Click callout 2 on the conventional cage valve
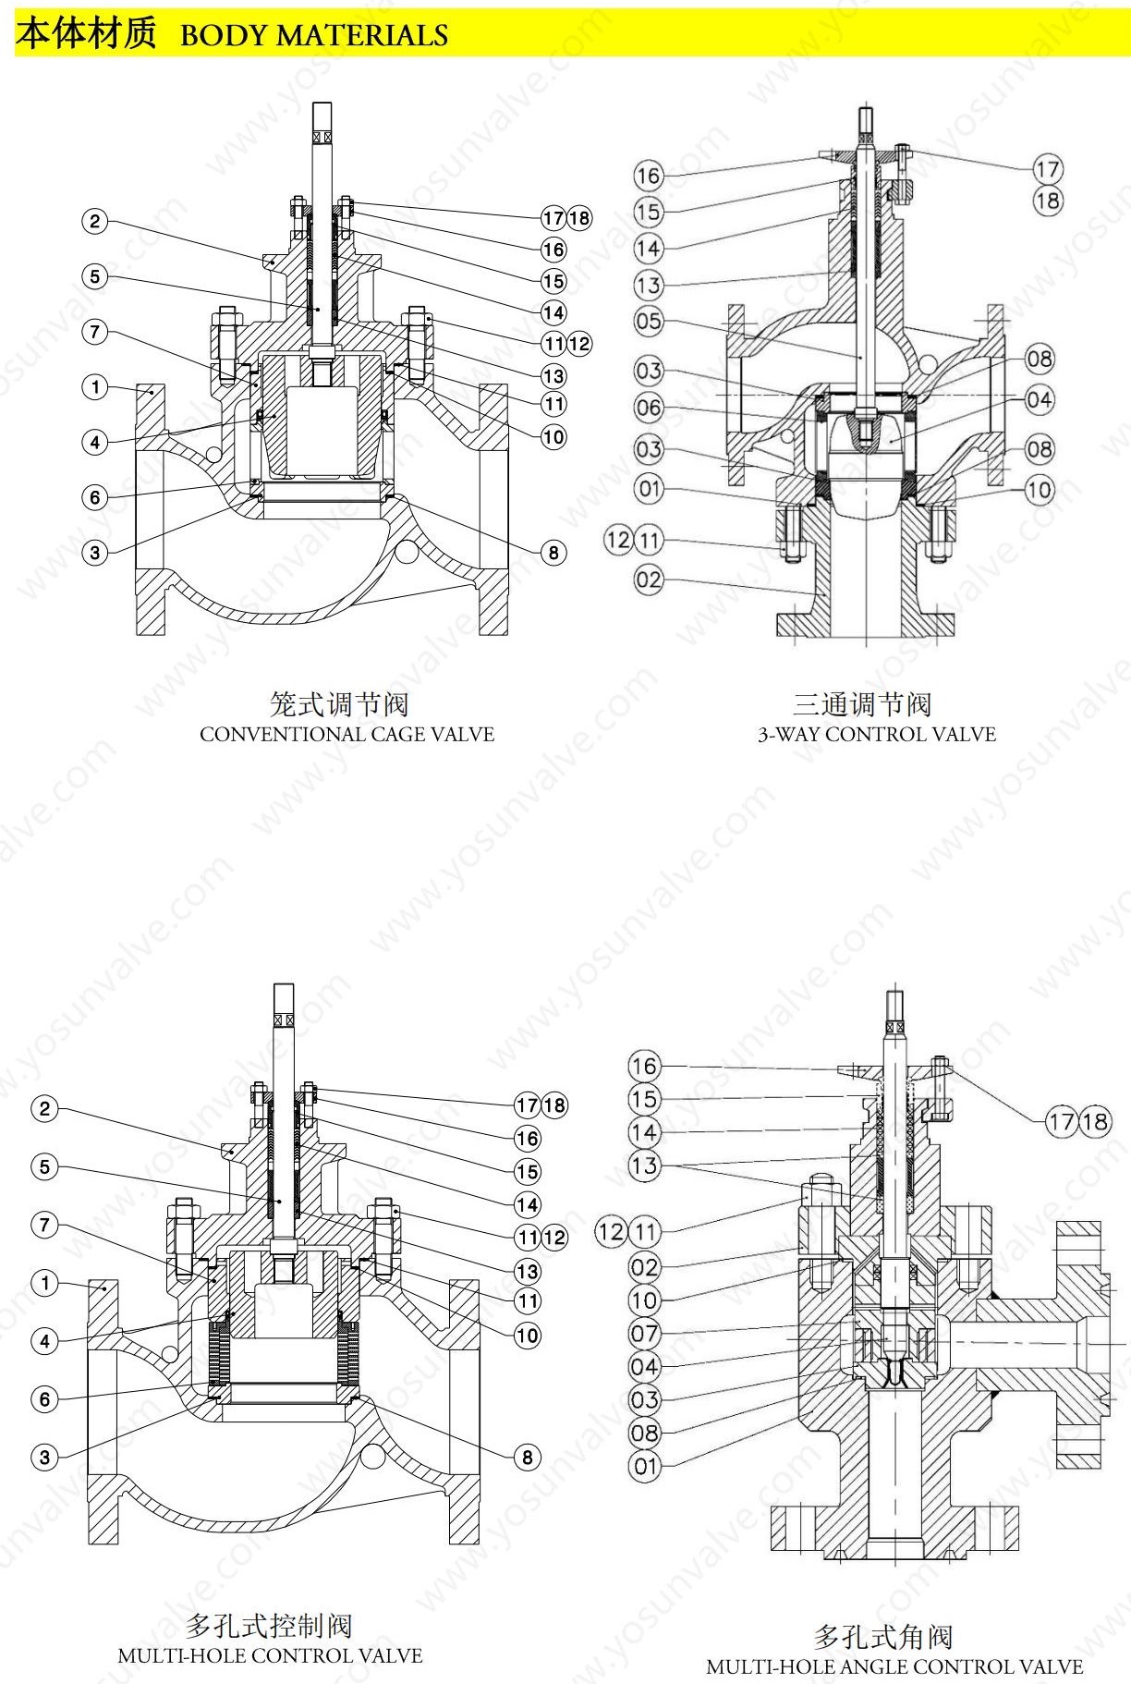click(x=94, y=222)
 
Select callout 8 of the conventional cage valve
click(x=553, y=553)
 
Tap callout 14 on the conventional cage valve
click(x=553, y=312)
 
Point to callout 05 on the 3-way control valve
click(x=649, y=322)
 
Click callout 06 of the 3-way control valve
click(x=649, y=408)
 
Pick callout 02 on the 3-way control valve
click(x=649, y=580)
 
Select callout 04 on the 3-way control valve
click(x=1040, y=400)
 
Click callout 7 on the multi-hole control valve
click(x=44, y=1226)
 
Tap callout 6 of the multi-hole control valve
click(x=44, y=1399)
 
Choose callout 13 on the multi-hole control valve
click(x=528, y=1272)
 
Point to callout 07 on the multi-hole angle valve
click(x=645, y=1334)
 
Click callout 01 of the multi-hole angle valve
click(x=645, y=1466)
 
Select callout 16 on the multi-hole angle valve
click(x=645, y=1066)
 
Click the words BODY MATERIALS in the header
click(x=314, y=35)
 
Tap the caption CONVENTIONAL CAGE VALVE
click(x=347, y=735)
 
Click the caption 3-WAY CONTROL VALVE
click(x=876, y=735)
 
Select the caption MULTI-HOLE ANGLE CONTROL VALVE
click(x=894, y=1667)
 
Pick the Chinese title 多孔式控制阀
click(x=269, y=1626)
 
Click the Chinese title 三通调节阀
click(x=862, y=705)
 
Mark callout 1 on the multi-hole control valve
click(x=44, y=1283)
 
